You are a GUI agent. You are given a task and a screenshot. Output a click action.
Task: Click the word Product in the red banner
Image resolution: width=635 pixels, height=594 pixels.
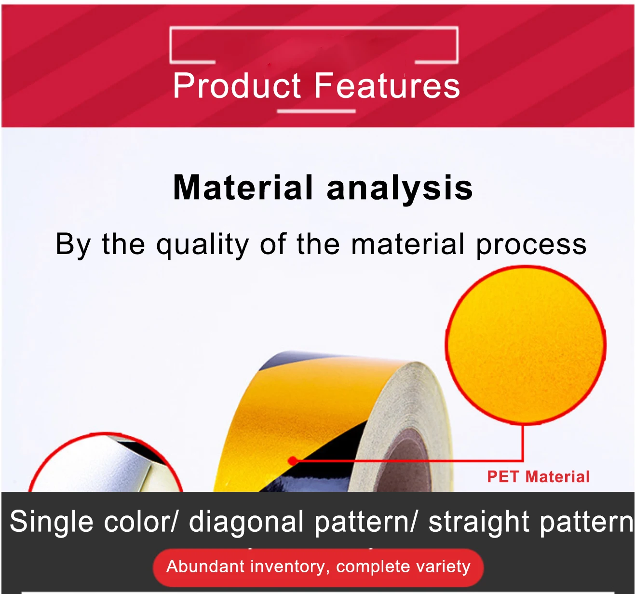click(x=237, y=85)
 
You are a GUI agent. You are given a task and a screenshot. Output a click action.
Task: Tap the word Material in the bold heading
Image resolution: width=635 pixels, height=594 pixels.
click(x=243, y=188)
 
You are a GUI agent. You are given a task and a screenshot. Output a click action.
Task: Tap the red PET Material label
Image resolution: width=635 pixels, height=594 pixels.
click(x=539, y=477)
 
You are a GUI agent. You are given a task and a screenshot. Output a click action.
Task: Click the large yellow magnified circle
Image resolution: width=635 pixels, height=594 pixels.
click(x=526, y=345)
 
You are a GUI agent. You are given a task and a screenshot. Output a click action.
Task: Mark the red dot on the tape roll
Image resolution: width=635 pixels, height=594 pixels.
click(x=293, y=460)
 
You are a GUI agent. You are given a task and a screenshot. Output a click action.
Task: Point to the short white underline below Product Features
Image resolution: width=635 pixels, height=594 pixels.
click(x=316, y=111)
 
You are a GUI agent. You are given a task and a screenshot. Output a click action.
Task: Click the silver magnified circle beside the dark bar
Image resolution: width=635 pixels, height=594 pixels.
click(x=106, y=462)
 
